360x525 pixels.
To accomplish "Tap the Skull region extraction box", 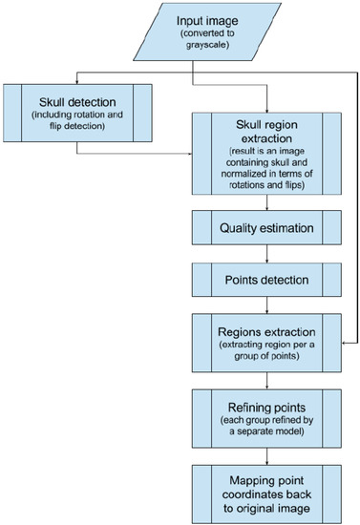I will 266,152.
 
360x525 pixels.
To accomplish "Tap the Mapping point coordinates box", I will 266,488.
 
